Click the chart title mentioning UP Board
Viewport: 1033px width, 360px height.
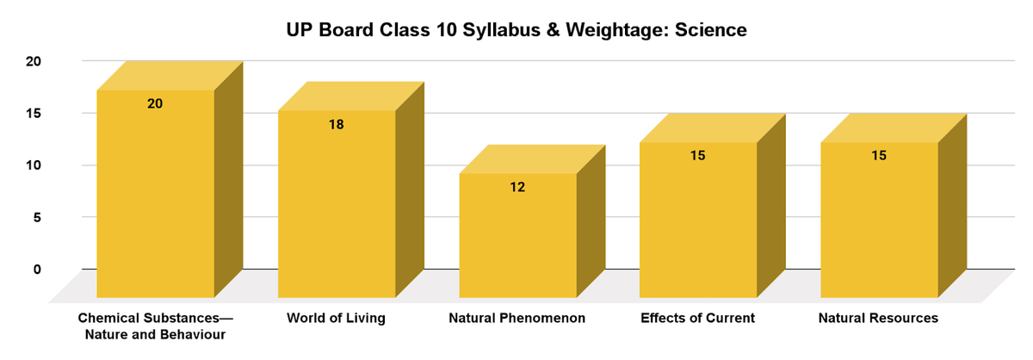pyautogui.click(x=516, y=30)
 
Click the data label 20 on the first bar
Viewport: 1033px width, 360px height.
pyautogui.click(x=155, y=103)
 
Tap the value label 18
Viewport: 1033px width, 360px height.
pyautogui.click(x=337, y=124)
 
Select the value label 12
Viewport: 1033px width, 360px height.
pyautogui.click(x=517, y=186)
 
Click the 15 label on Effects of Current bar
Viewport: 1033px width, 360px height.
pyautogui.click(x=698, y=156)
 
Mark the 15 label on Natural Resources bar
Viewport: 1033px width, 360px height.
pyautogui.click(x=879, y=156)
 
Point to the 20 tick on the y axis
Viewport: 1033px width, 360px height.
pyautogui.click(x=34, y=61)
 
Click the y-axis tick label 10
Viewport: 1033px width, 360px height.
pyautogui.click(x=34, y=165)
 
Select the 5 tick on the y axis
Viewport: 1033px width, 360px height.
pyautogui.click(x=37, y=217)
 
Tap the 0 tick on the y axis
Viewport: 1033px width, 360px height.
pyautogui.click(x=37, y=269)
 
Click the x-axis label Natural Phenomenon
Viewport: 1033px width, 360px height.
pyautogui.click(x=517, y=319)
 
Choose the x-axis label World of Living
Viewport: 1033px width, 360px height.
pyautogui.click(x=337, y=319)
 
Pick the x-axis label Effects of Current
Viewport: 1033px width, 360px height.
pyautogui.click(x=698, y=319)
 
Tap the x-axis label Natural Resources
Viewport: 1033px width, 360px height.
pyautogui.click(x=879, y=319)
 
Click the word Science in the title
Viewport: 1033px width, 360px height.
pyautogui.click(x=710, y=30)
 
